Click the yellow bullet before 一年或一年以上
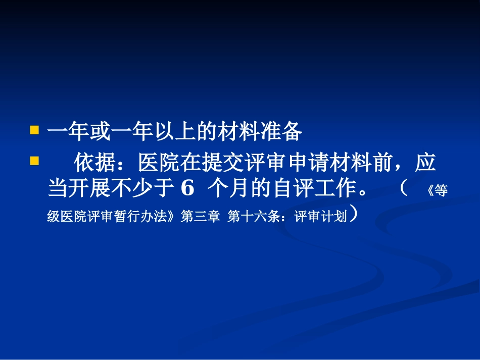coord(34,131)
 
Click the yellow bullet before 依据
coord(34,162)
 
